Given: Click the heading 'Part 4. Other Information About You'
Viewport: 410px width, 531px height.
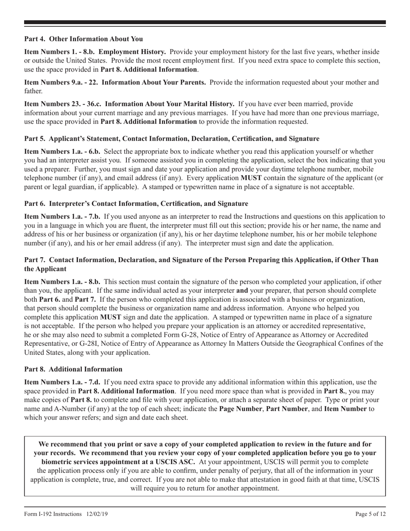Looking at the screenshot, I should (83, 39).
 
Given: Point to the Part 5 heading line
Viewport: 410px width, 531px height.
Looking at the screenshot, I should (172, 139).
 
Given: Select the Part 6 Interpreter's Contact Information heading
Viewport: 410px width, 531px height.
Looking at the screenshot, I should (136, 203).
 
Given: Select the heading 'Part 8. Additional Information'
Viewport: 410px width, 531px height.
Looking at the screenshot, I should (73, 369).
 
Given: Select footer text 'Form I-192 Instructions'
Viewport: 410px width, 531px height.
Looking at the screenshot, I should (53, 514).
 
